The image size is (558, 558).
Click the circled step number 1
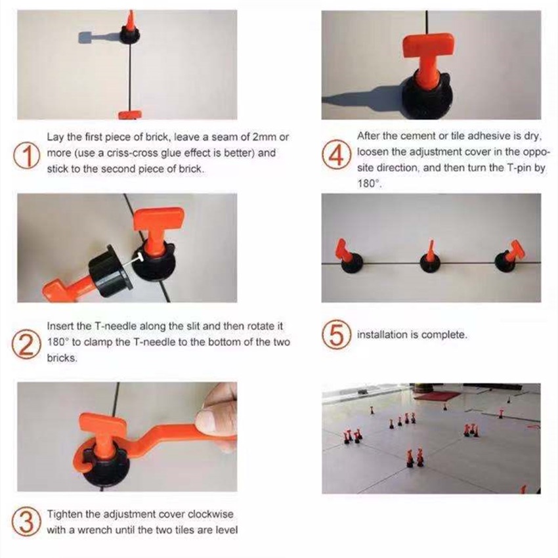click(x=26, y=156)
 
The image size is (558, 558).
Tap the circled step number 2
click(x=26, y=344)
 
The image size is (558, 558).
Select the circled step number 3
click(x=26, y=522)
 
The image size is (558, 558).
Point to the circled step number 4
click(x=335, y=155)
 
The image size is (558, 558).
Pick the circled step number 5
click(x=335, y=335)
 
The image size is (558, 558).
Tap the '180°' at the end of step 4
click(x=369, y=184)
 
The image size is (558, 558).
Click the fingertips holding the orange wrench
click(x=215, y=415)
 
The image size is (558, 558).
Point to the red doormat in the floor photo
click(x=437, y=396)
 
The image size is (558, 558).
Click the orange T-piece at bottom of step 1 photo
click(x=130, y=115)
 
